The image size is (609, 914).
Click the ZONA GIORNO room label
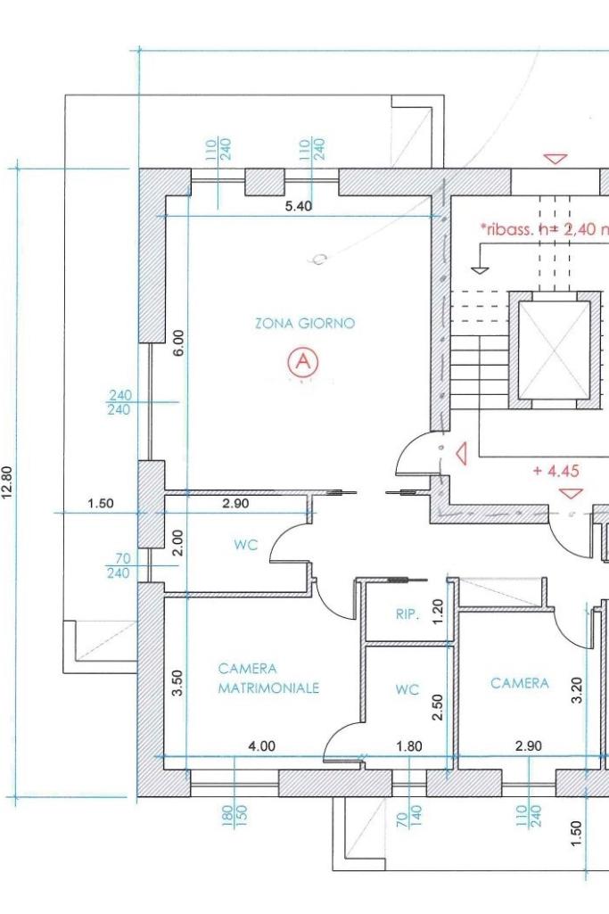tap(305, 323)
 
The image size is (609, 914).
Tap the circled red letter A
tap(302, 362)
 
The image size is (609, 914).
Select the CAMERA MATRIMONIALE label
tap(268, 678)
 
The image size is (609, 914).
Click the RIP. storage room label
tap(407, 613)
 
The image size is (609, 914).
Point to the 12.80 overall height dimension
tap(7, 482)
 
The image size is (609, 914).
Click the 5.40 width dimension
tap(299, 206)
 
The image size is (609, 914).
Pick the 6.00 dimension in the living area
tap(178, 342)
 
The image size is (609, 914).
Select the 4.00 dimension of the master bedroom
tap(261, 745)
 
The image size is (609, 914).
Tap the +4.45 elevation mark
tap(556, 471)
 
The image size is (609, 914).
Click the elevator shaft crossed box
tap(554, 350)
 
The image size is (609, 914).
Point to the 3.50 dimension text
tap(178, 682)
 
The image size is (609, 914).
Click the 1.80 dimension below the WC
tap(408, 745)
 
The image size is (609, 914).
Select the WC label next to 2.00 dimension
tap(245, 546)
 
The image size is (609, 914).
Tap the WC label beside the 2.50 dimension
tap(407, 689)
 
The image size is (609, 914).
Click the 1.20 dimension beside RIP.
tap(439, 612)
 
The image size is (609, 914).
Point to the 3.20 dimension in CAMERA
tap(577, 690)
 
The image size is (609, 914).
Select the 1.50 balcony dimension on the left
tap(100, 503)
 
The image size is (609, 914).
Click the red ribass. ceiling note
tap(544, 229)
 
